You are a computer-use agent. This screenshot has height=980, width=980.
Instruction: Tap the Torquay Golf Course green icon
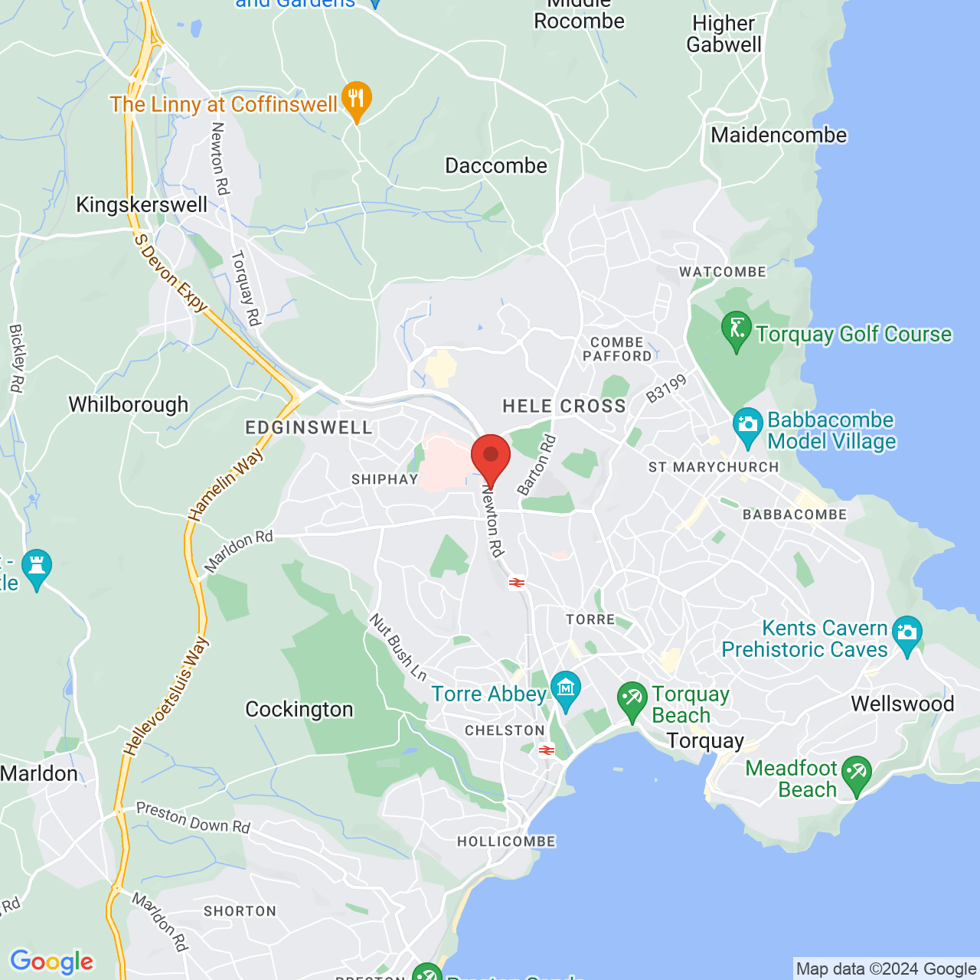point(737,330)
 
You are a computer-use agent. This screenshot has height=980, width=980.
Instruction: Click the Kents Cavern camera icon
point(906,634)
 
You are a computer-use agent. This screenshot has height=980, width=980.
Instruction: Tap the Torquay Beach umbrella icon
point(632,700)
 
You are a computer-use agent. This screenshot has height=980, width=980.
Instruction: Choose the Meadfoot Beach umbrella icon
point(856,774)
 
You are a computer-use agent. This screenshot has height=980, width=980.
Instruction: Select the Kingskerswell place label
point(142,205)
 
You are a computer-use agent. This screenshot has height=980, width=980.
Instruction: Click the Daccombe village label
point(496,166)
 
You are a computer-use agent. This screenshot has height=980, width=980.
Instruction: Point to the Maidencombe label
point(779,136)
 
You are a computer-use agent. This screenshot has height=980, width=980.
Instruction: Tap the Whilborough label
point(129,404)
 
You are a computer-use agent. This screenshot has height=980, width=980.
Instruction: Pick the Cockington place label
point(299,710)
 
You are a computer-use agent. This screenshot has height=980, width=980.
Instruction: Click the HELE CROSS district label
point(564,407)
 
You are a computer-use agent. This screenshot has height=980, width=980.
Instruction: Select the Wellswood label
point(903,704)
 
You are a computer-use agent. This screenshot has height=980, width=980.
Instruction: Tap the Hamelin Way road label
point(226,485)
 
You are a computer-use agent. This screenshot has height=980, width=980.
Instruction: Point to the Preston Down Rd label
point(193,818)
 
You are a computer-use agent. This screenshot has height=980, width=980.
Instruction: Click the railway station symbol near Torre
point(518,583)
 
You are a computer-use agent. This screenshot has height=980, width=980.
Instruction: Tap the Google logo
point(51,962)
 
